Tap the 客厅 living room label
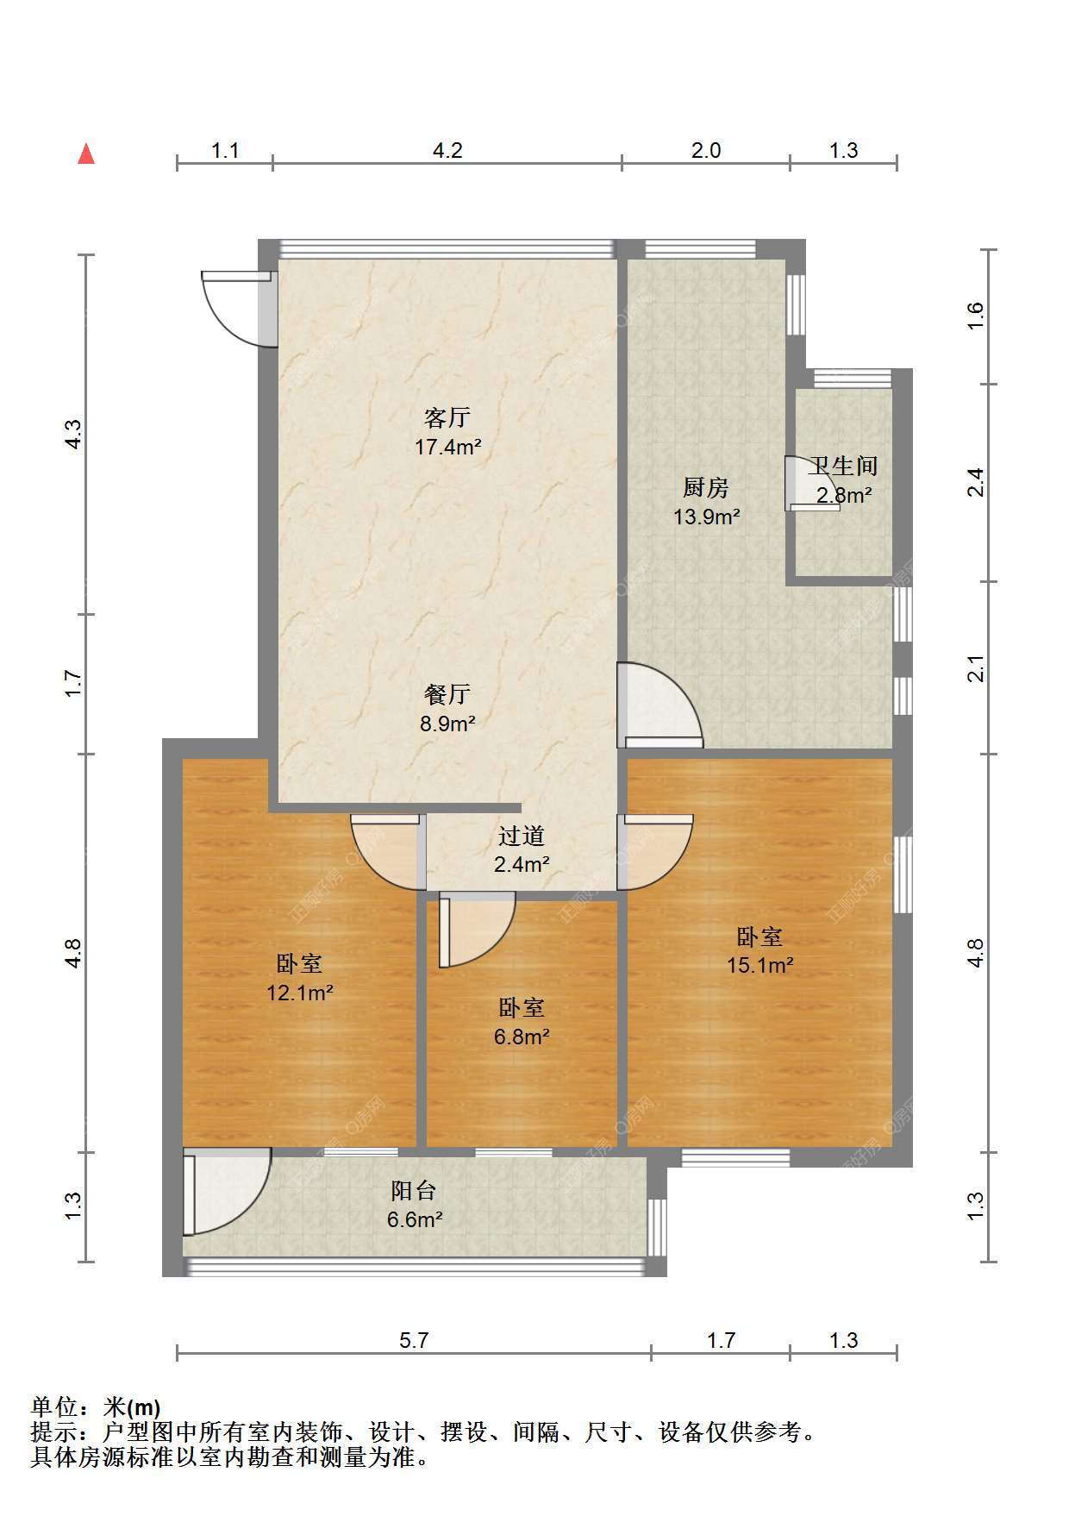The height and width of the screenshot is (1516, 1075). (447, 417)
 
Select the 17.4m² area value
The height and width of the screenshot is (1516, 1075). (447, 447)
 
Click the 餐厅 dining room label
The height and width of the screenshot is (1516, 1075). (447, 694)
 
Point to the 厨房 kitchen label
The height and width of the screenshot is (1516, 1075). (706, 488)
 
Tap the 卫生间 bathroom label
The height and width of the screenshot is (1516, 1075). (843, 467)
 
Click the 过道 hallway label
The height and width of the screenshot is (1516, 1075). (522, 836)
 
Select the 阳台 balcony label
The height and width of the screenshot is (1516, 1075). (414, 1191)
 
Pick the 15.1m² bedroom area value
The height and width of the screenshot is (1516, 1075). (759, 965)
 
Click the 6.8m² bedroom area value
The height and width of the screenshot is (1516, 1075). (522, 1037)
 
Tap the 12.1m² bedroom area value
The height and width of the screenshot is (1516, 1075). (300, 993)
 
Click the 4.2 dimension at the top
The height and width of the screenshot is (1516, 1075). (447, 150)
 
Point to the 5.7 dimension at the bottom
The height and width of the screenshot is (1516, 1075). (414, 1340)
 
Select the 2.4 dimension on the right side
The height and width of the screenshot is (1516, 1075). (975, 482)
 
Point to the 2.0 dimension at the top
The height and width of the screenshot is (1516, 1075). (706, 150)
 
